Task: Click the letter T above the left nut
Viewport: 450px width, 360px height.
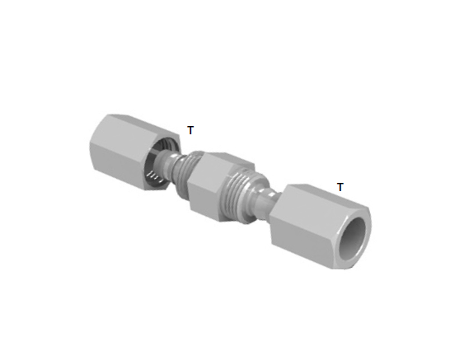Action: (190, 130)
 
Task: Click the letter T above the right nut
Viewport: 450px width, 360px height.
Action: (340, 187)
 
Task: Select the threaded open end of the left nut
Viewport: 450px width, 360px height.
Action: (162, 162)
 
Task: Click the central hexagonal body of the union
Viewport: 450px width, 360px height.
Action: (220, 185)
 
